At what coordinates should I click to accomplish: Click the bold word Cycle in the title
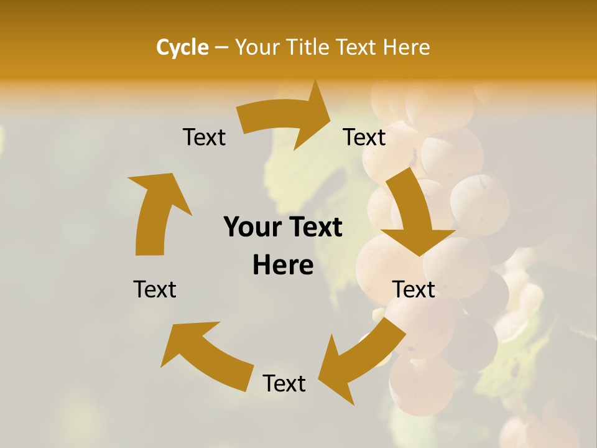pyautogui.click(x=182, y=47)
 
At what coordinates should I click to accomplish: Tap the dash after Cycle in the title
pyautogui.click(x=221, y=47)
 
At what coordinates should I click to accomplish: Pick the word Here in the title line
pyautogui.click(x=407, y=47)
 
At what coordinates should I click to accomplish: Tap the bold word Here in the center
pyautogui.click(x=283, y=265)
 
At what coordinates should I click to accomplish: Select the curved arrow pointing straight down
pyautogui.click(x=414, y=212)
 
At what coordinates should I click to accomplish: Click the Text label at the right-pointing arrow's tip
pyautogui.click(x=364, y=138)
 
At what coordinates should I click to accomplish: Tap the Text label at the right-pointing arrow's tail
pyautogui.click(x=204, y=138)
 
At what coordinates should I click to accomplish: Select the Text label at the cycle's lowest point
pyautogui.click(x=284, y=384)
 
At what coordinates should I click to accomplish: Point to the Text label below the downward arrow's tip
pyautogui.click(x=414, y=289)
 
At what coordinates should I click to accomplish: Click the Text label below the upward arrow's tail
pyautogui.click(x=155, y=289)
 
